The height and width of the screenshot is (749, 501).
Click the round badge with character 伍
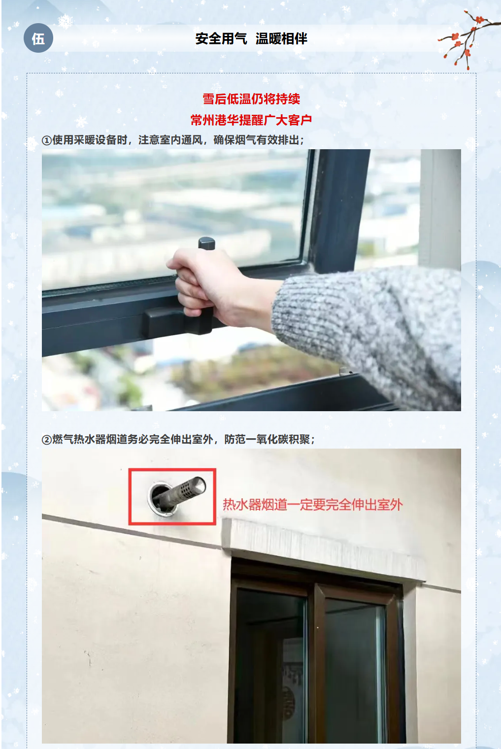[x=38, y=38]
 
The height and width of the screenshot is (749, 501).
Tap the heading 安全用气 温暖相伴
[x=251, y=39]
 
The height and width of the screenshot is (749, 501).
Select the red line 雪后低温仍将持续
[x=251, y=99]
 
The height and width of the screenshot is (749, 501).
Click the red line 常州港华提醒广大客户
[x=251, y=120]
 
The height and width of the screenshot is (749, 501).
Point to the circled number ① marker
[x=46, y=140]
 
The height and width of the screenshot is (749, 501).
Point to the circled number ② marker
[x=46, y=439]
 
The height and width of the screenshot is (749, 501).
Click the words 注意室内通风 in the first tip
[x=170, y=140]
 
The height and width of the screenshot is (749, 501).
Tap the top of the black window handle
[x=207, y=243]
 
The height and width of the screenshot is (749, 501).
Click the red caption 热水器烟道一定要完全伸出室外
[x=313, y=505]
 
